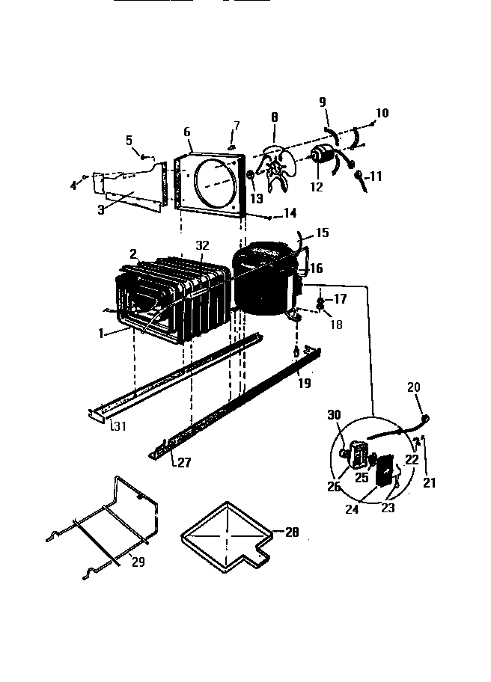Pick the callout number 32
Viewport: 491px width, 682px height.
click(x=202, y=245)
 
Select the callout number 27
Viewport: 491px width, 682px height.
click(x=183, y=462)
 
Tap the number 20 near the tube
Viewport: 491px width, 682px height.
click(x=414, y=387)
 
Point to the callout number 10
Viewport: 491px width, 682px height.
click(x=382, y=114)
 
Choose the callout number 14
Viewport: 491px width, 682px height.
click(x=289, y=213)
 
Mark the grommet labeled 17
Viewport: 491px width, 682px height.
click(x=320, y=301)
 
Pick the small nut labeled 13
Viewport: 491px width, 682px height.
click(x=249, y=179)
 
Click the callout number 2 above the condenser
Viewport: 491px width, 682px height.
click(x=132, y=254)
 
